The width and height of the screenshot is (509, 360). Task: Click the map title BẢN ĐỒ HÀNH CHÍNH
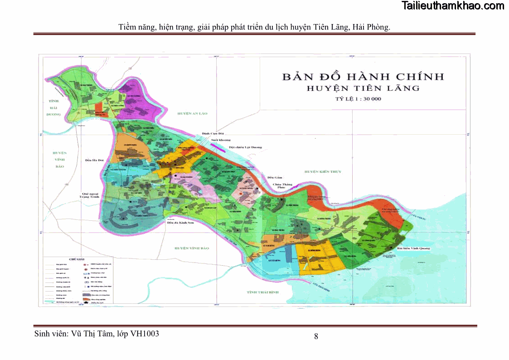363,77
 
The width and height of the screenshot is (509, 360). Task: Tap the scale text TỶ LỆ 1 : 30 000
356,99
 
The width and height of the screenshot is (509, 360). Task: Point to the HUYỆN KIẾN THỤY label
322,172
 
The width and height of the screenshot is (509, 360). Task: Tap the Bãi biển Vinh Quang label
413,248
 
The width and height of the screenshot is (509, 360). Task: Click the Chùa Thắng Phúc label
282,186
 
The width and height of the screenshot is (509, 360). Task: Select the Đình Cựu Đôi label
213,134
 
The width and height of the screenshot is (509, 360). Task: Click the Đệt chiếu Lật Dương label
245,147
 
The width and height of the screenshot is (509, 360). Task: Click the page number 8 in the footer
316,336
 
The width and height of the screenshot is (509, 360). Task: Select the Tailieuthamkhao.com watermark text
453,6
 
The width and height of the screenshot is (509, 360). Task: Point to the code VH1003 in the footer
145,334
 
